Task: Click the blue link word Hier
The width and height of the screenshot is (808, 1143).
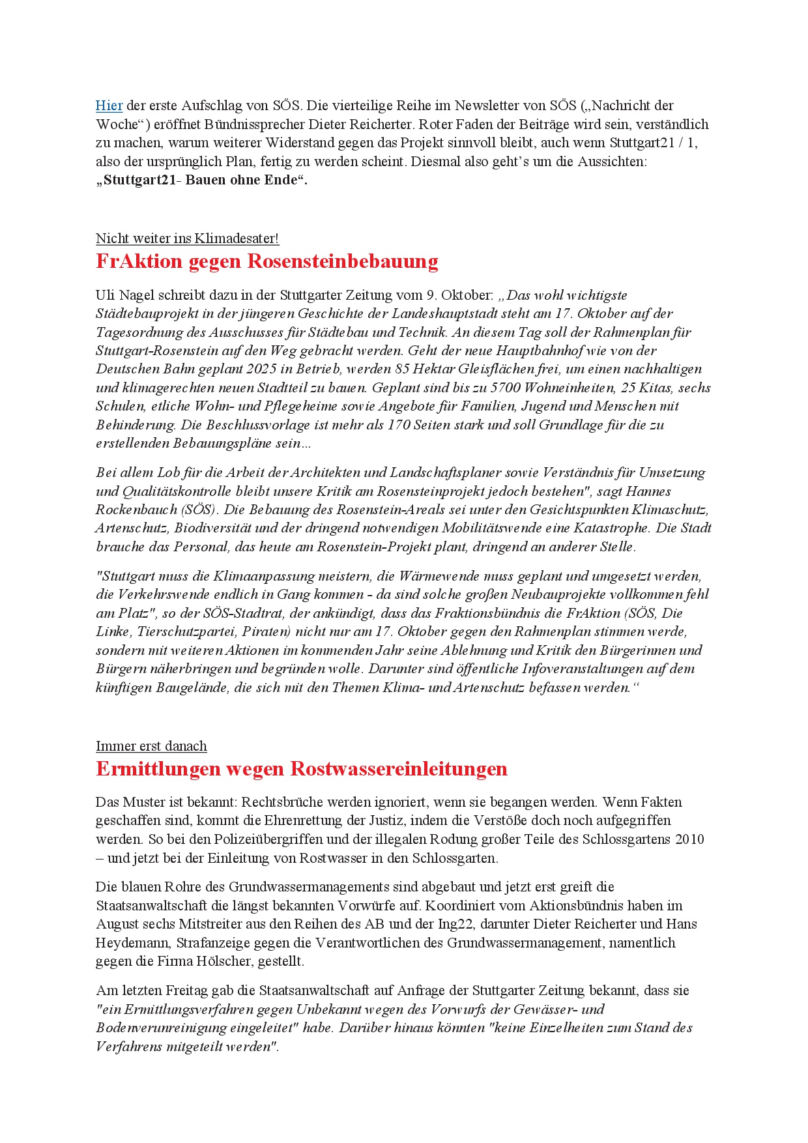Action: (109, 106)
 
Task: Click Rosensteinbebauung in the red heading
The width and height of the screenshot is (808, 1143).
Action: (343, 261)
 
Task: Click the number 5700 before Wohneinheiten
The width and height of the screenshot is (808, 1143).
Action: (506, 388)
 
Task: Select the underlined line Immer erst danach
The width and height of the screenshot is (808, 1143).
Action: (151, 746)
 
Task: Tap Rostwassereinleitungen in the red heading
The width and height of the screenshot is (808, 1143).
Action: (399, 769)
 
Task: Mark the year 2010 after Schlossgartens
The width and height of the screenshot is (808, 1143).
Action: (689, 839)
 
